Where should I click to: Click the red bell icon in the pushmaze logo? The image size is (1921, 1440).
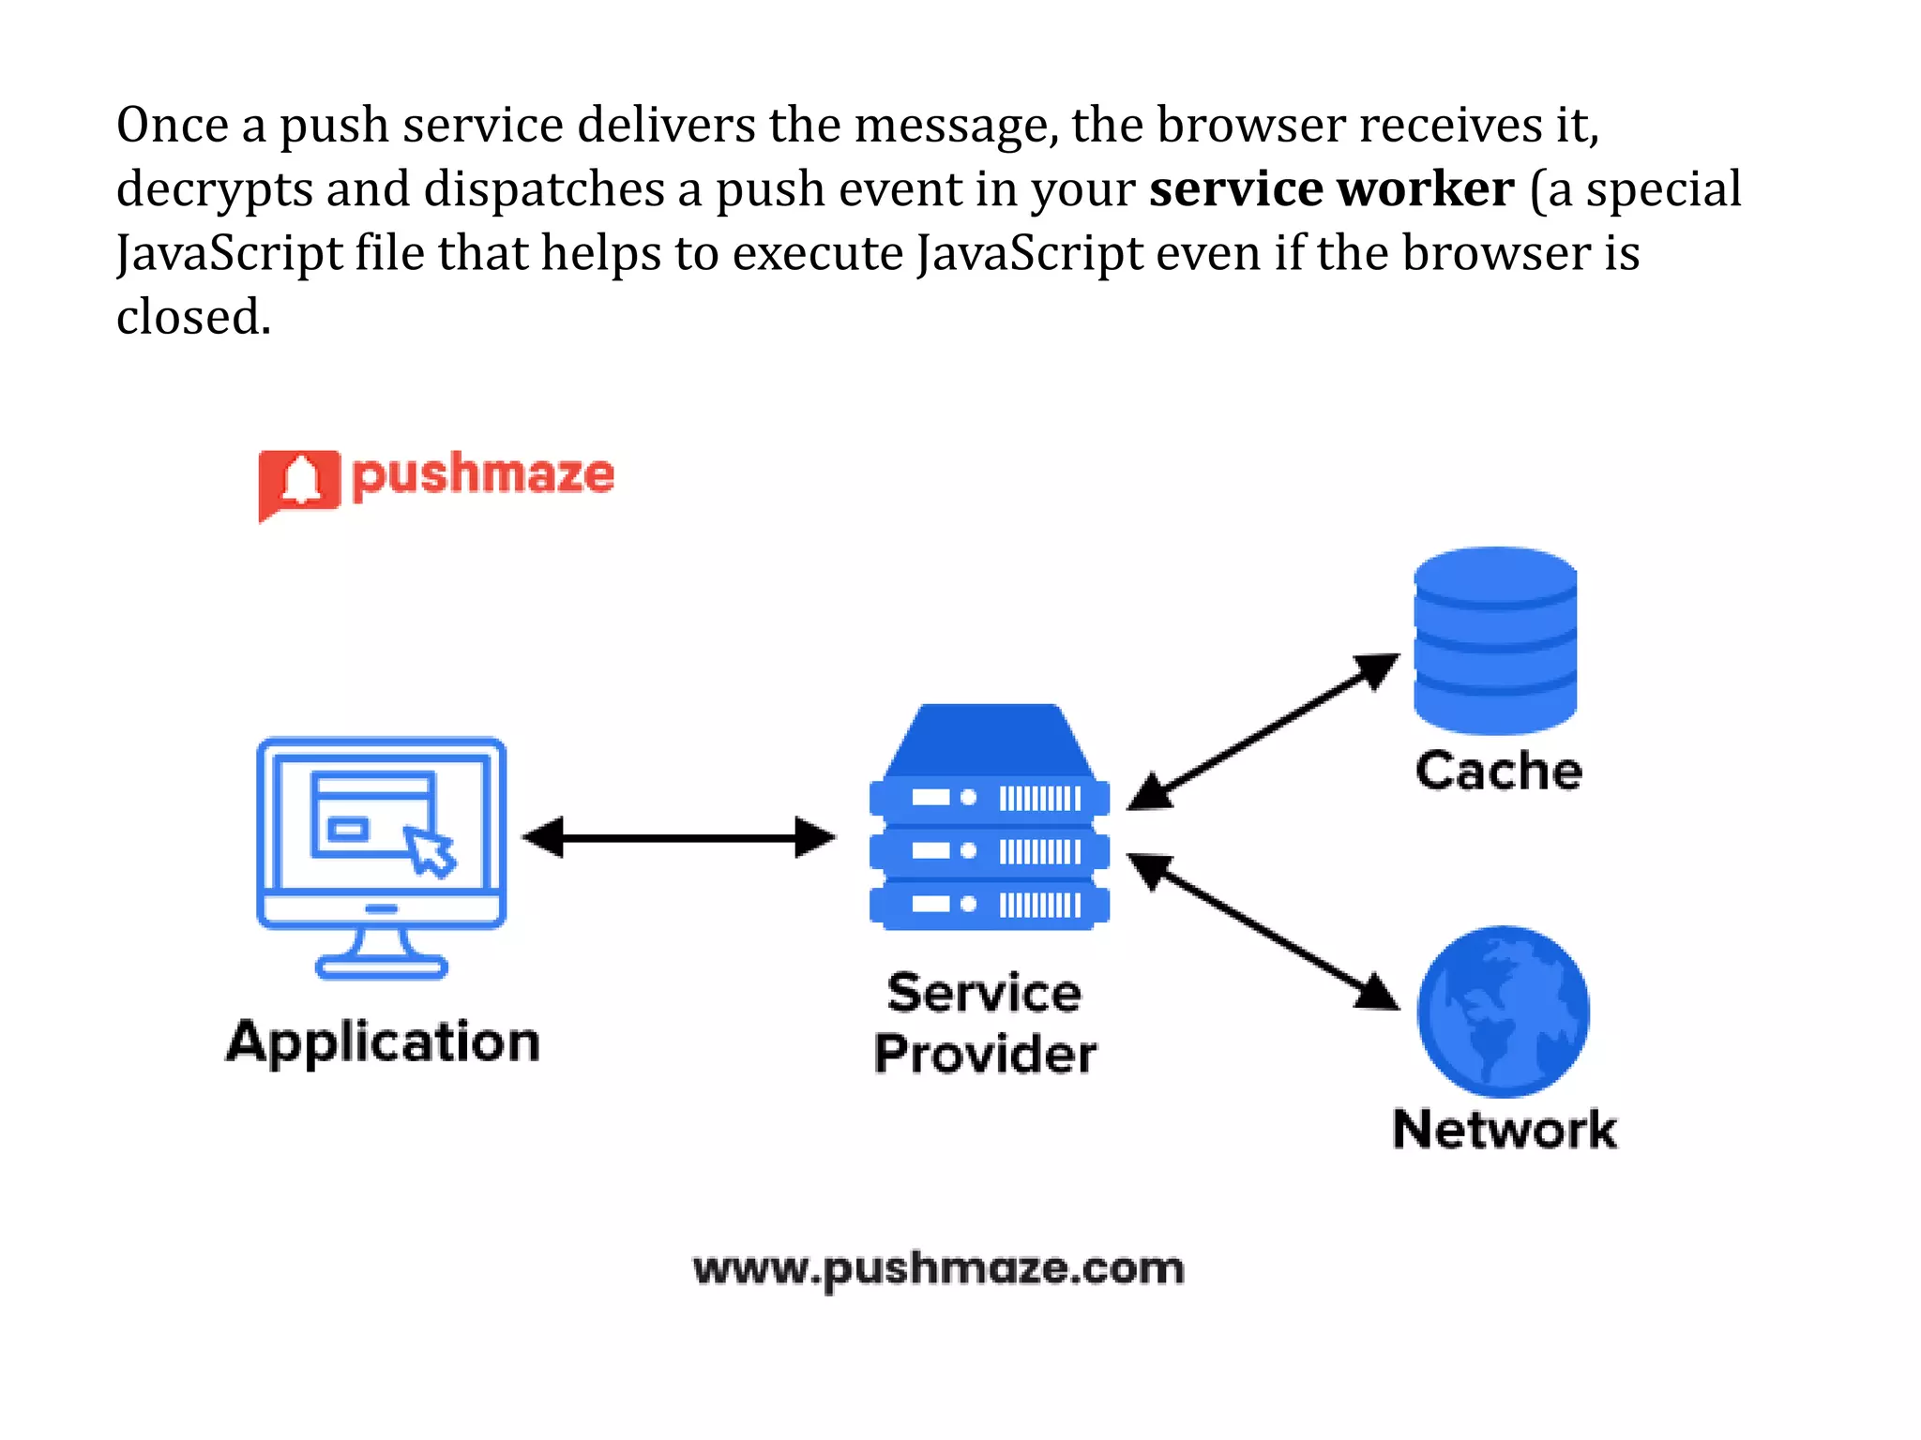[299, 482]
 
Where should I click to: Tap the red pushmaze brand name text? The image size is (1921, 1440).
[483, 475]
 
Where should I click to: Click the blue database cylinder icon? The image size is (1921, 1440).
[1495, 639]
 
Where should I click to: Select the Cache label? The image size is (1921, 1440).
[1498, 772]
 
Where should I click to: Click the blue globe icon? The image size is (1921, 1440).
[1503, 1012]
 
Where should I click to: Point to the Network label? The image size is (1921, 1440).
[1505, 1129]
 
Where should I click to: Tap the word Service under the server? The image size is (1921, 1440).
[984, 993]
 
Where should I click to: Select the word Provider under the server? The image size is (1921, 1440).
[985, 1054]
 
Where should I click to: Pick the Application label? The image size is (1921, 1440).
[383, 1042]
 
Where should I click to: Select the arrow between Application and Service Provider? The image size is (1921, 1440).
[678, 837]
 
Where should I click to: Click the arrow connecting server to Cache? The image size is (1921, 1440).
[1263, 732]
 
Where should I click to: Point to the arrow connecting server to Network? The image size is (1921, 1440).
[1263, 932]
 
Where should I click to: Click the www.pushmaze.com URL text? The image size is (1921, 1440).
[938, 1269]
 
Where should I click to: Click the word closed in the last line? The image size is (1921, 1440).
[192, 317]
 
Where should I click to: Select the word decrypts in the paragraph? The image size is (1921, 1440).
[214, 191]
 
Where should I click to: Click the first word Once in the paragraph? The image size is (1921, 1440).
[173, 126]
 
